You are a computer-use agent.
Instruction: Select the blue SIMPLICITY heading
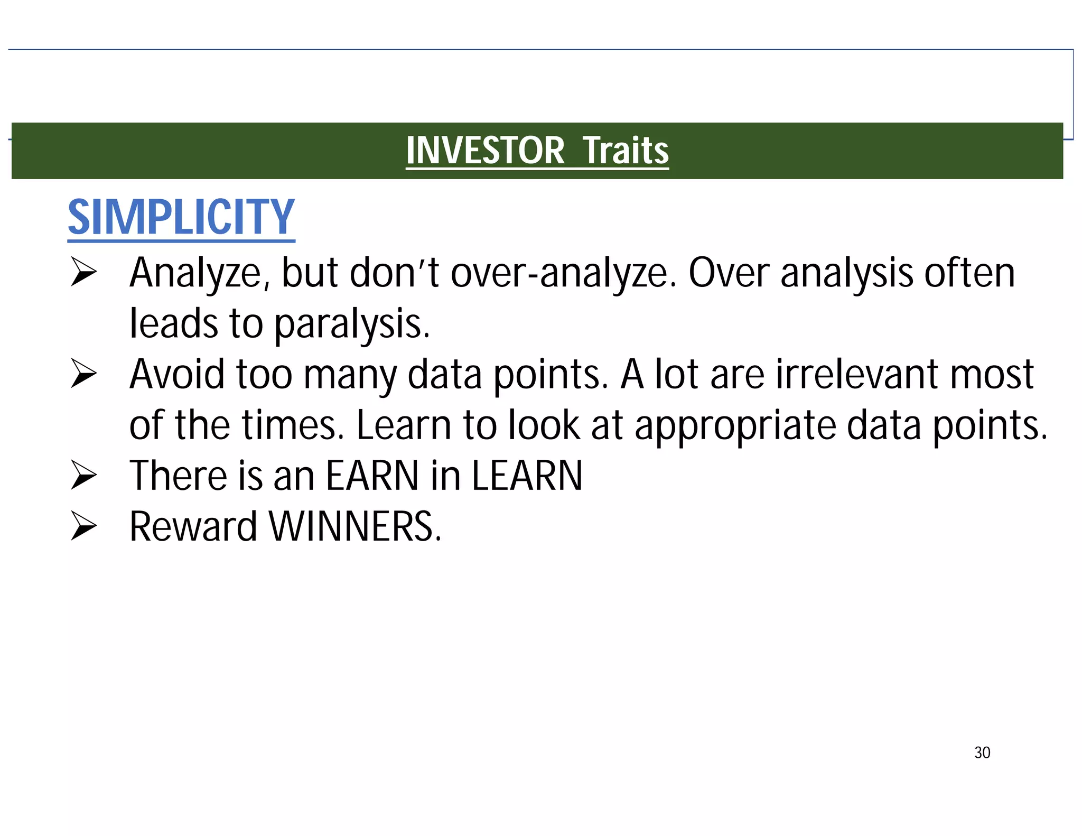coord(181,217)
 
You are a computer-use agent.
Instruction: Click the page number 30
coord(982,753)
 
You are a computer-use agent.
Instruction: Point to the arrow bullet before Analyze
coord(83,273)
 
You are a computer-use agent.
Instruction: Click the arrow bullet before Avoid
coord(83,374)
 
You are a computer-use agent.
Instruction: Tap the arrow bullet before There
coord(83,475)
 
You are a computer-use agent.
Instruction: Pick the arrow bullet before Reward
coord(83,526)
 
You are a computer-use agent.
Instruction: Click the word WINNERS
coord(355,526)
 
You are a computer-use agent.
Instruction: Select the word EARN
coord(372,476)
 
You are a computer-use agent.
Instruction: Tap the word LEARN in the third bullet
coord(527,476)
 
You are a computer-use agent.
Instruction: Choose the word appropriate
coord(735,425)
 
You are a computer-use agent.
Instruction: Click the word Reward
coord(193,526)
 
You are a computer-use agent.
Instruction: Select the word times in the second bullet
coord(293,425)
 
